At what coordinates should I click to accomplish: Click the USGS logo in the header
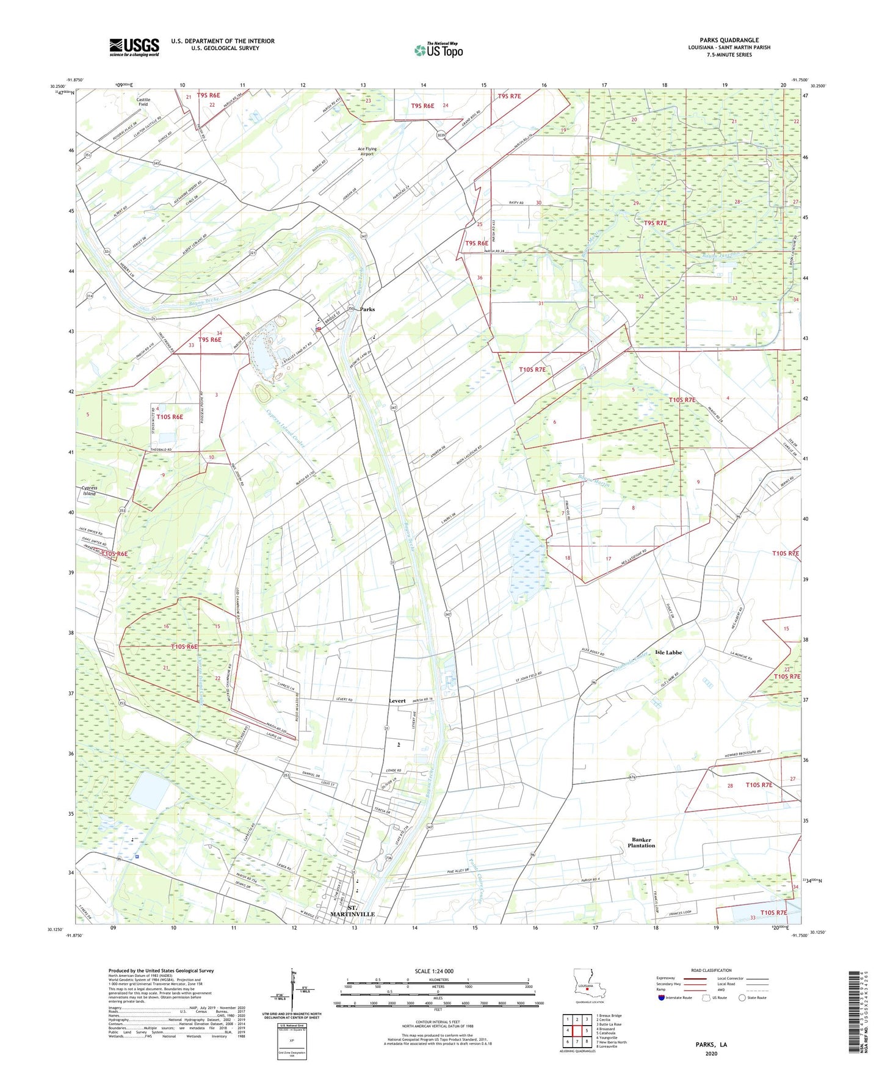[134, 47]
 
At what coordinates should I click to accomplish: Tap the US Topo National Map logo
[438, 50]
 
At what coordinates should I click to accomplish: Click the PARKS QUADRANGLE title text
[729, 40]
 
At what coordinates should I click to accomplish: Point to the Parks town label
[367, 310]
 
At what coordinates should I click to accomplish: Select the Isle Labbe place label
[668, 653]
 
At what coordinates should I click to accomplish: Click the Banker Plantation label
[641, 843]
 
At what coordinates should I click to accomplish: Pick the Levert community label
[397, 701]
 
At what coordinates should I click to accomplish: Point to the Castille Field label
[143, 102]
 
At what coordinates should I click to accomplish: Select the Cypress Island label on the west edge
[89, 491]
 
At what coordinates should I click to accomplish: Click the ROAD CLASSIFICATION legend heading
[711, 970]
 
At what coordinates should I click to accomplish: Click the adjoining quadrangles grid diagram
[577, 1031]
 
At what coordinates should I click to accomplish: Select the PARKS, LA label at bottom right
[711, 1045]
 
